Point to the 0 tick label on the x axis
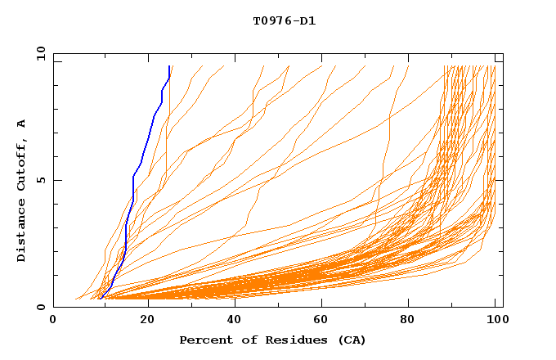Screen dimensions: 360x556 tap(53, 321)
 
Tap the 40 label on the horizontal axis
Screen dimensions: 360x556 tap(234, 321)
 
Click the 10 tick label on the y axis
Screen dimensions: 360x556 tap(39, 53)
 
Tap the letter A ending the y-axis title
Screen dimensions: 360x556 tap(21, 124)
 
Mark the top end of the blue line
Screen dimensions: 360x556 tap(168, 66)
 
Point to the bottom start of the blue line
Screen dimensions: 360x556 tap(99, 298)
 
